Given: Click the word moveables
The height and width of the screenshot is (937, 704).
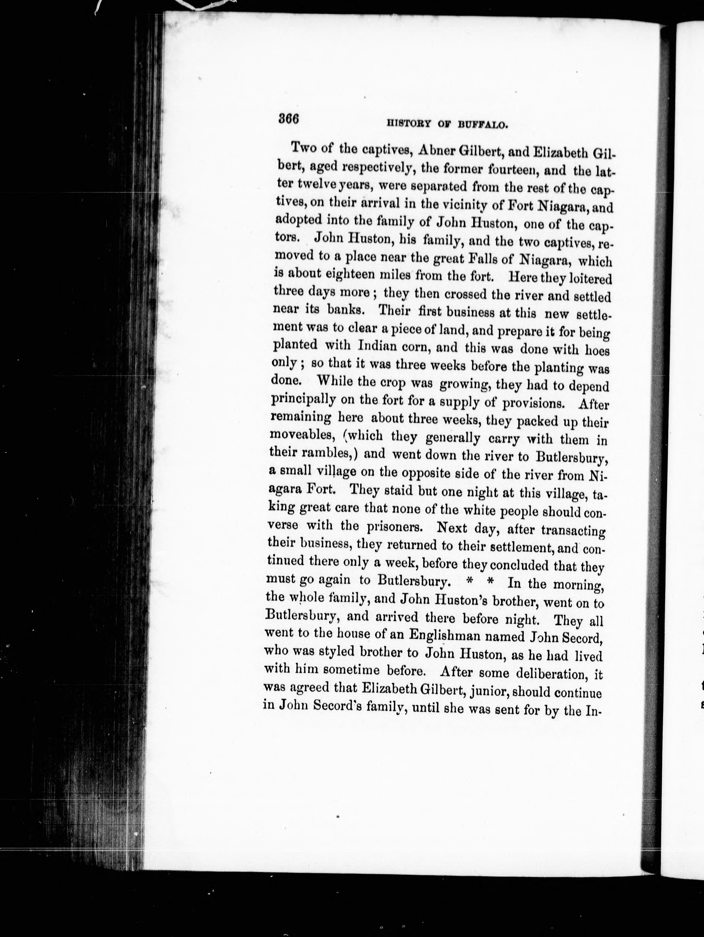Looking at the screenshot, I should tap(301, 435).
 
